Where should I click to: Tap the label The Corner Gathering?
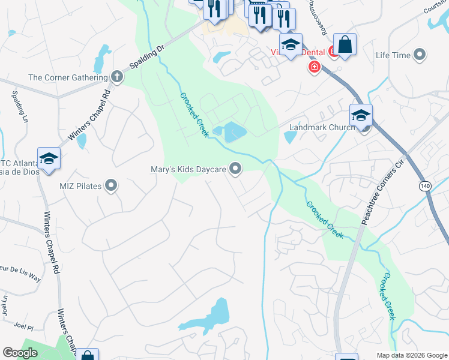coord(68,77)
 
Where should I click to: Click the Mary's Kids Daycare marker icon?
coord(236,170)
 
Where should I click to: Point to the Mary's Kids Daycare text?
coord(188,170)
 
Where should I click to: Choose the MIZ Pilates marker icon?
coord(111,185)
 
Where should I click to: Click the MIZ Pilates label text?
coord(80,185)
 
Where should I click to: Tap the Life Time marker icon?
coord(420,55)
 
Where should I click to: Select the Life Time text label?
coord(393,55)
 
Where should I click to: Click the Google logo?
coord(20,353)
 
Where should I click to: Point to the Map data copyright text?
coord(412,355)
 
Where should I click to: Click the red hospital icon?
coord(313,67)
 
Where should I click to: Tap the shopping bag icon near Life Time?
coord(345,44)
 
